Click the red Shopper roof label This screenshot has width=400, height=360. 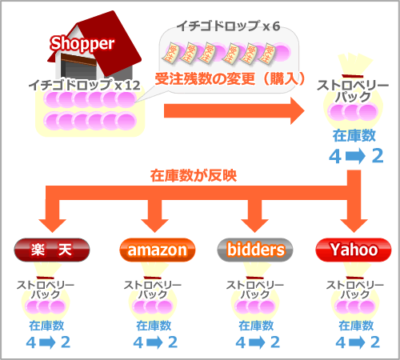point(82,43)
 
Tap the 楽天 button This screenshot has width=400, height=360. point(52,250)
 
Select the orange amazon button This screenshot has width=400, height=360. point(158,250)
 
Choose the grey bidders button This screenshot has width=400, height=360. point(255,250)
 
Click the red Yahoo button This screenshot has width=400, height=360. point(354,250)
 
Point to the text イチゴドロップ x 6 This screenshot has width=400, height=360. point(228,26)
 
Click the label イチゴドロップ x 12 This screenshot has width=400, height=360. point(85,86)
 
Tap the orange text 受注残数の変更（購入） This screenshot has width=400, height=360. point(230,79)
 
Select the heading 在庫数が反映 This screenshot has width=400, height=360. point(194,176)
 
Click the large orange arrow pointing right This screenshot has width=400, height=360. point(234,110)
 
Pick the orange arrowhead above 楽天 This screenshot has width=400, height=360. point(52,226)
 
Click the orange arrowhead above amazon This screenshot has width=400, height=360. point(154,226)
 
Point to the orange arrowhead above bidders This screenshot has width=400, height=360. point(254,226)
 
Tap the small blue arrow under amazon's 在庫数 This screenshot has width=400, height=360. point(154,342)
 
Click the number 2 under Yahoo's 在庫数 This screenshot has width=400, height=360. point(375,342)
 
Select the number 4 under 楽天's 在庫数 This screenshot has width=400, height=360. point(31,342)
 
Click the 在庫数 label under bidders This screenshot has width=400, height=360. point(256,326)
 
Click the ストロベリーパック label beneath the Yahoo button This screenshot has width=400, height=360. point(355,290)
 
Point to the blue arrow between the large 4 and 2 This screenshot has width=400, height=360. point(355,156)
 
